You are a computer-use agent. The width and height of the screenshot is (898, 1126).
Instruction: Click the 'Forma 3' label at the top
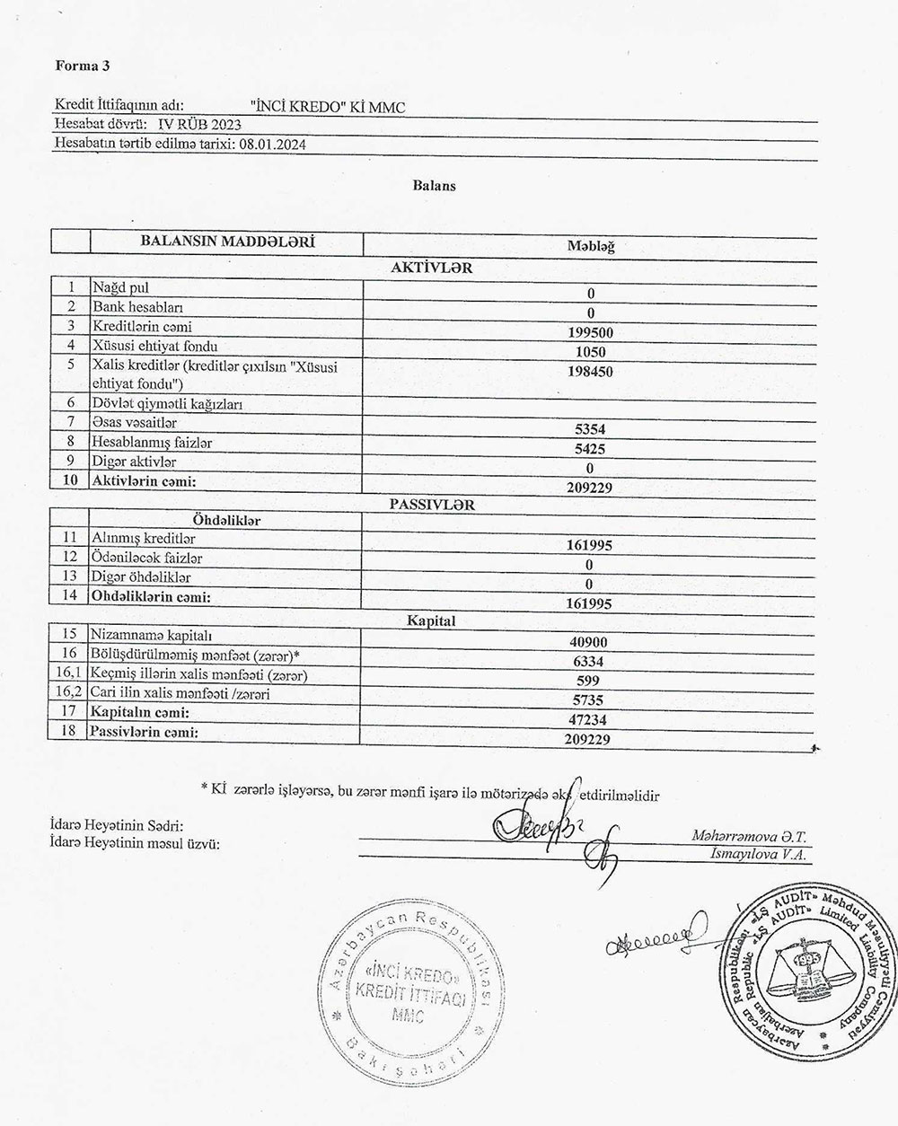click(x=83, y=66)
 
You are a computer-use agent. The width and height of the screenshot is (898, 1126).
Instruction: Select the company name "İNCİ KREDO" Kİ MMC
click(x=329, y=107)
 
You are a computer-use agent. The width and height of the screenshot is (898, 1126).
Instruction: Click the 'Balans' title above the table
click(x=435, y=186)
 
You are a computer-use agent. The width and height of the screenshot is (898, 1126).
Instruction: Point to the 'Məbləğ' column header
click(x=590, y=246)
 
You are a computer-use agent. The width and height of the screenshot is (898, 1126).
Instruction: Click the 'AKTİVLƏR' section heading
click(x=432, y=267)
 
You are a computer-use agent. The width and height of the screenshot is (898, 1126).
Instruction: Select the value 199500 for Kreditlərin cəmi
click(x=590, y=332)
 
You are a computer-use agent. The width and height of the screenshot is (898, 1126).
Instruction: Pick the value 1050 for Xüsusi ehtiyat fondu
click(x=590, y=352)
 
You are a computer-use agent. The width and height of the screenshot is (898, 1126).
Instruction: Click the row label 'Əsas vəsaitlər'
click(x=135, y=422)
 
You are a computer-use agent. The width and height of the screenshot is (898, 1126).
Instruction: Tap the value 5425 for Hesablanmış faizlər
click(x=590, y=449)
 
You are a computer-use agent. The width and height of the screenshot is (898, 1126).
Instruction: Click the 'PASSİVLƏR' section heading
click(x=432, y=505)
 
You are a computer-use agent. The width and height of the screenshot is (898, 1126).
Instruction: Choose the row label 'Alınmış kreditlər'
click(x=144, y=539)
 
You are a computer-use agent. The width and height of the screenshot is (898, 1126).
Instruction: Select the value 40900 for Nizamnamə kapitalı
click(x=590, y=642)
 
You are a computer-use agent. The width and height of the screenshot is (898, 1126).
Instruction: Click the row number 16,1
click(x=70, y=674)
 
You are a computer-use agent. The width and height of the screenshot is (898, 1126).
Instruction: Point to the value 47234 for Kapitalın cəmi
click(x=590, y=720)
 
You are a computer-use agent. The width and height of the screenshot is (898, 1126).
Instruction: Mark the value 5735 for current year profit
click(x=590, y=700)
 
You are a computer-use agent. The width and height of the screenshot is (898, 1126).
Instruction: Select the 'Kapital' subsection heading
click(x=432, y=620)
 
